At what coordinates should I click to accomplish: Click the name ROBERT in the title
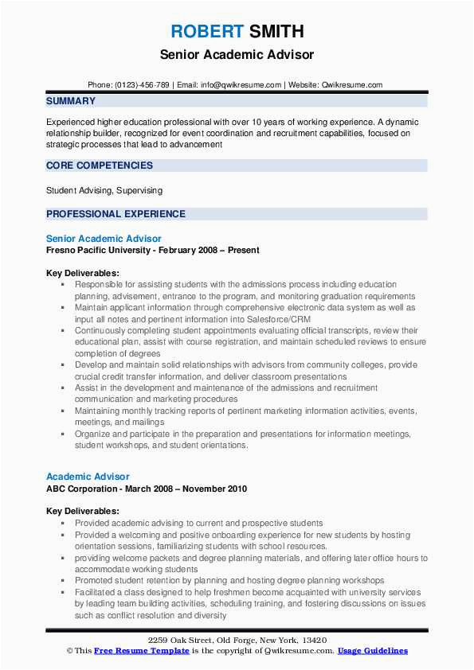click(207, 33)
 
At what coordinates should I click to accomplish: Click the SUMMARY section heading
click(71, 102)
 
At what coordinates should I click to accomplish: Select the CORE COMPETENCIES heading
click(100, 166)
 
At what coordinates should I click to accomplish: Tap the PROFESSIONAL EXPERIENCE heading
click(116, 214)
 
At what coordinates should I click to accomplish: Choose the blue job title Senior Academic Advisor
click(104, 239)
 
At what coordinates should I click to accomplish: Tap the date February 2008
click(191, 250)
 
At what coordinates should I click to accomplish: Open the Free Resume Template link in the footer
click(142, 651)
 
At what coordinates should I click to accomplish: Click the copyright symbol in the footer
click(69, 651)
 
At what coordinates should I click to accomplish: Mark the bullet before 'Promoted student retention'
click(62, 581)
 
